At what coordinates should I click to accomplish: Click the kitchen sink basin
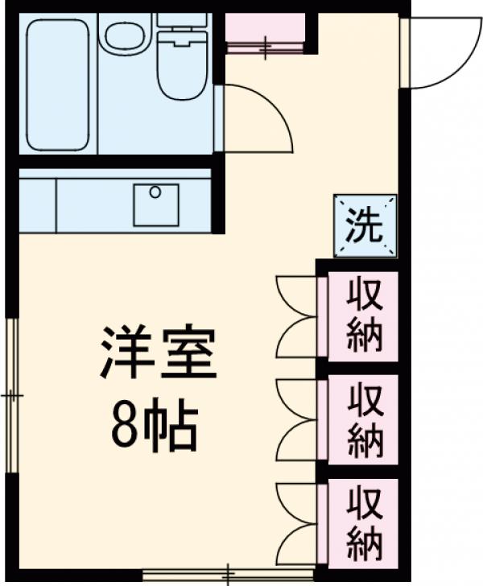pos(155,204)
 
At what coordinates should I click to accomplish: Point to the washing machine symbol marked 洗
pos(365,225)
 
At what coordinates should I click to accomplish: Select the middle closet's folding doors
pos(298,419)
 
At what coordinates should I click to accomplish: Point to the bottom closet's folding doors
pos(298,522)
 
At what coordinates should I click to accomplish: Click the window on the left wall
pos(11,394)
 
